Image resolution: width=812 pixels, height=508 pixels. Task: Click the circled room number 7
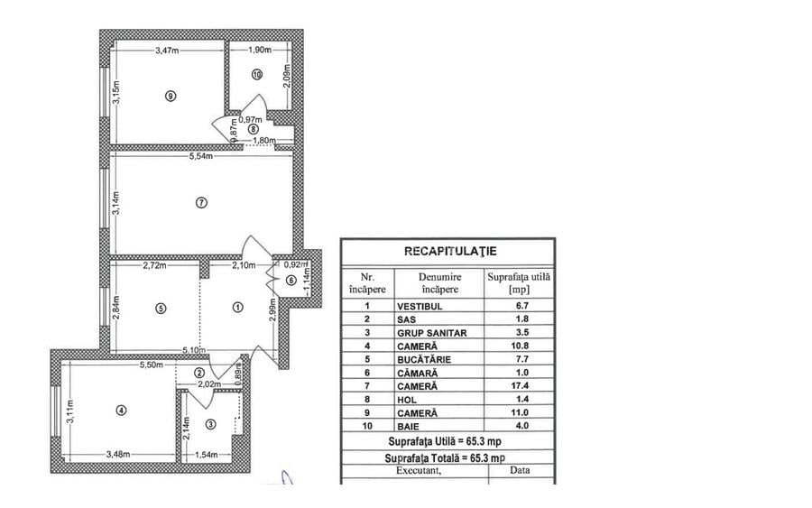201,203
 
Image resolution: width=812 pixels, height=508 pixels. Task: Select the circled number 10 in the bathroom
257,75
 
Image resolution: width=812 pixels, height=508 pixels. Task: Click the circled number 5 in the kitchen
161,308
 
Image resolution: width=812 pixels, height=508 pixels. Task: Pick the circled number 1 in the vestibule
237,308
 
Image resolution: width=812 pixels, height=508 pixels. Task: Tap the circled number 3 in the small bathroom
210,424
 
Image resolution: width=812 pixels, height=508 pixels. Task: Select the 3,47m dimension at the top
166,51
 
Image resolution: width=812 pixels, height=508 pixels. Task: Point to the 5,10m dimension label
194,351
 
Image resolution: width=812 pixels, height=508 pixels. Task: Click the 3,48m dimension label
119,455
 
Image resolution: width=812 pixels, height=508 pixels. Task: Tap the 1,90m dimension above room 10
257,51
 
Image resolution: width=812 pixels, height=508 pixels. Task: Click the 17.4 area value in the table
517,384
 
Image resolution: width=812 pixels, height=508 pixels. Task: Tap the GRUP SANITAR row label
431,332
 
